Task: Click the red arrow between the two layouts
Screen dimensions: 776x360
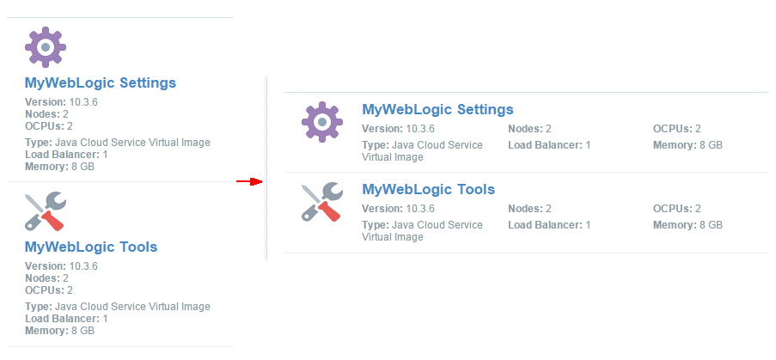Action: [249, 181]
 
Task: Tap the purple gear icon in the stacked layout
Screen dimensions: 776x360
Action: [46, 47]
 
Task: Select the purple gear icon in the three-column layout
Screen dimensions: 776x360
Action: [322, 122]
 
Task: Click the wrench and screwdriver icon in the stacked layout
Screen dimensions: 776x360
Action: [46, 211]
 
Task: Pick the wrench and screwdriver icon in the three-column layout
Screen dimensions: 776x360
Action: [322, 201]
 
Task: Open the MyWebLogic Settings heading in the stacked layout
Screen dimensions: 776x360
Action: [101, 82]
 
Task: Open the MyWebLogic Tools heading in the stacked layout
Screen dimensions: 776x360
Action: [91, 247]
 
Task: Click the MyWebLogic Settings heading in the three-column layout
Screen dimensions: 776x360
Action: [438, 109]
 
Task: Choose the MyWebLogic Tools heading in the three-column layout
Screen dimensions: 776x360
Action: [429, 189]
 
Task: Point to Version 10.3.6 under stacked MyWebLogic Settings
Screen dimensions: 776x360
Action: [61, 102]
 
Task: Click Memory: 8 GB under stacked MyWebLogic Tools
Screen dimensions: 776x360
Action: [59, 330]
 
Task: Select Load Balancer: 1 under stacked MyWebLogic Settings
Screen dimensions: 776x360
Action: [66, 155]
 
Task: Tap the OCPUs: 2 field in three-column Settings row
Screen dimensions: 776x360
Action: [677, 129]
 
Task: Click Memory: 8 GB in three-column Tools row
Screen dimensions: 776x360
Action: [687, 225]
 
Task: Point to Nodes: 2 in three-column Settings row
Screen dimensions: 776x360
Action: [529, 129]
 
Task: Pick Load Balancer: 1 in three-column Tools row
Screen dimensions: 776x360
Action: [549, 225]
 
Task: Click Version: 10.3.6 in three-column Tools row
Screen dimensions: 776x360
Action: [399, 209]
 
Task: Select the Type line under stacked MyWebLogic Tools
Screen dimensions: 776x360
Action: [118, 307]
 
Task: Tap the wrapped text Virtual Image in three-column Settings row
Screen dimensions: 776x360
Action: [393, 157]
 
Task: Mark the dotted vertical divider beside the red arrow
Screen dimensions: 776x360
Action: [266, 168]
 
